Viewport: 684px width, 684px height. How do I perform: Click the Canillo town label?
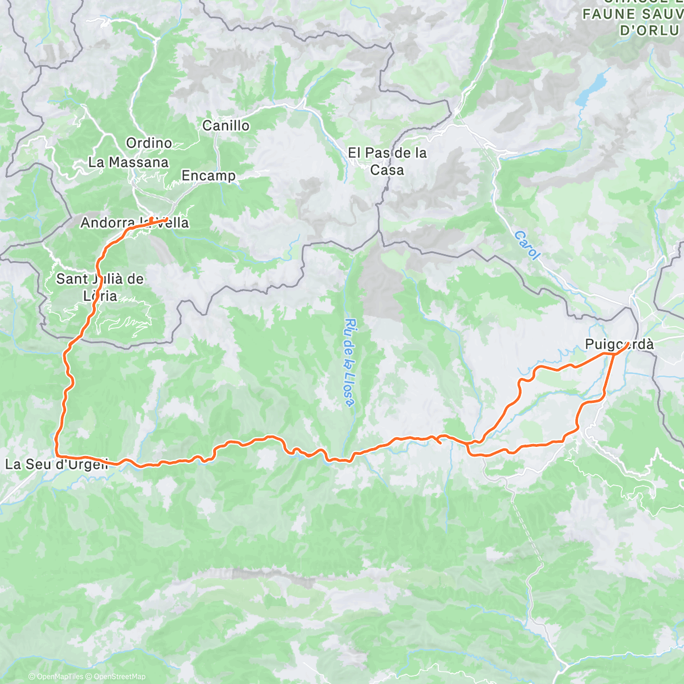click(226, 125)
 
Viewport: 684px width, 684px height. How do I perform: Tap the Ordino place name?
click(149, 143)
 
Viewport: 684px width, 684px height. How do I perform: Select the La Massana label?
click(128, 162)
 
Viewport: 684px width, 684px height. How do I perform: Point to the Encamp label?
click(209, 176)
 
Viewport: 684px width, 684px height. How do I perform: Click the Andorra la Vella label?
click(135, 223)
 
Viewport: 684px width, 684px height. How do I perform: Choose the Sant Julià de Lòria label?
click(100, 287)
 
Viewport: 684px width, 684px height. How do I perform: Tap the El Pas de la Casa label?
click(388, 161)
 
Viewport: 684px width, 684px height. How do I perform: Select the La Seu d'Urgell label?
click(56, 464)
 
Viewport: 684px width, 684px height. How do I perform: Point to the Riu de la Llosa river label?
click(351, 363)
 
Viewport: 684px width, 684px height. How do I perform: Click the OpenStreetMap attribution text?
click(119, 677)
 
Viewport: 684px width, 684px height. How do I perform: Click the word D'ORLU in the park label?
click(649, 30)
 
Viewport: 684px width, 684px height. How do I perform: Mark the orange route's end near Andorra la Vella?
click(166, 219)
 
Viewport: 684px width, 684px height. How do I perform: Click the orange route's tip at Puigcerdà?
click(626, 344)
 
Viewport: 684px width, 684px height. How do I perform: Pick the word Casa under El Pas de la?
click(388, 170)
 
